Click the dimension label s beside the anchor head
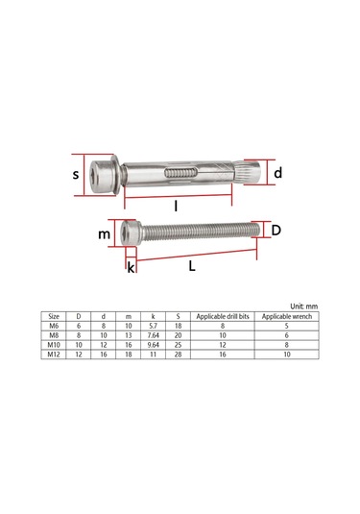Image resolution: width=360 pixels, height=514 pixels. (x=77, y=174)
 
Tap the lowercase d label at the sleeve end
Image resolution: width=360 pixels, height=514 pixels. (x=277, y=173)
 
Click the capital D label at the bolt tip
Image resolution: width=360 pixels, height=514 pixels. (x=276, y=231)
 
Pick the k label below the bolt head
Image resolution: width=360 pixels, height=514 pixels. (x=131, y=267)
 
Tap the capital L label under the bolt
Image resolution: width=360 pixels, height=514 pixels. (x=192, y=266)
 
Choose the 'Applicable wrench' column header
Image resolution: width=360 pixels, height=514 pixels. (x=286, y=317)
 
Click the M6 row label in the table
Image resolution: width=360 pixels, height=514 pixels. (x=54, y=327)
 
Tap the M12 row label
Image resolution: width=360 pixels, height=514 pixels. (x=54, y=355)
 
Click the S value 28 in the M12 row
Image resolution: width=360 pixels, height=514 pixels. (x=178, y=355)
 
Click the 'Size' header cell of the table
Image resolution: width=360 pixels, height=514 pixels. (x=54, y=317)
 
